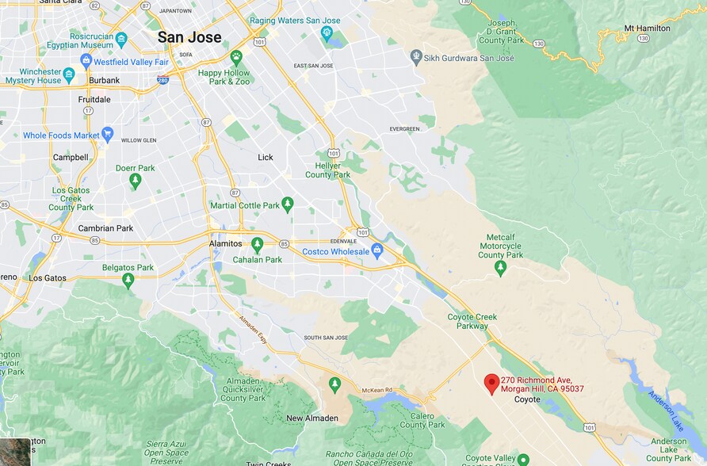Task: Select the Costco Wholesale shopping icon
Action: pyautogui.click(x=377, y=251)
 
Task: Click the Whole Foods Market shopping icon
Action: pyautogui.click(x=108, y=135)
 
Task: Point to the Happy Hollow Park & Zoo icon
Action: pyautogui.click(x=236, y=57)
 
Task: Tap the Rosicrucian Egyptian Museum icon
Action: pyautogui.click(x=121, y=38)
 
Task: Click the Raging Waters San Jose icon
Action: pyautogui.click(x=327, y=32)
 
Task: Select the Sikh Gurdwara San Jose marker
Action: pyautogui.click(x=416, y=56)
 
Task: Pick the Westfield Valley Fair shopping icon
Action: pyautogui.click(x=86, y=60)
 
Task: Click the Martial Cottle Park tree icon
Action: pyautogui.click(x=288, y=205)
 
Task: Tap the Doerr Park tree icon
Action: pyautogui.click(x=136, y=181)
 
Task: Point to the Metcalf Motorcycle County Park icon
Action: pyautogui.click(x=500, y=269)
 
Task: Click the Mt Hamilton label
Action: pyautogui.click(x=647, y=29)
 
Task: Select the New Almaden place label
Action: pyautogui.click(x=312, y=418)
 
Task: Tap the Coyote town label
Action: pyautogui.click(x=527, y=399)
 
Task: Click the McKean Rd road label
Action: pyautogui.click(x=378, y=390)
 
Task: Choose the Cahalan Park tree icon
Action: pyautogui.click(x=257, y=245)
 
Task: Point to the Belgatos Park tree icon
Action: pyautogui.click(x=128, y=281)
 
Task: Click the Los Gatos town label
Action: pyautogui.click(x=48, y=278)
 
